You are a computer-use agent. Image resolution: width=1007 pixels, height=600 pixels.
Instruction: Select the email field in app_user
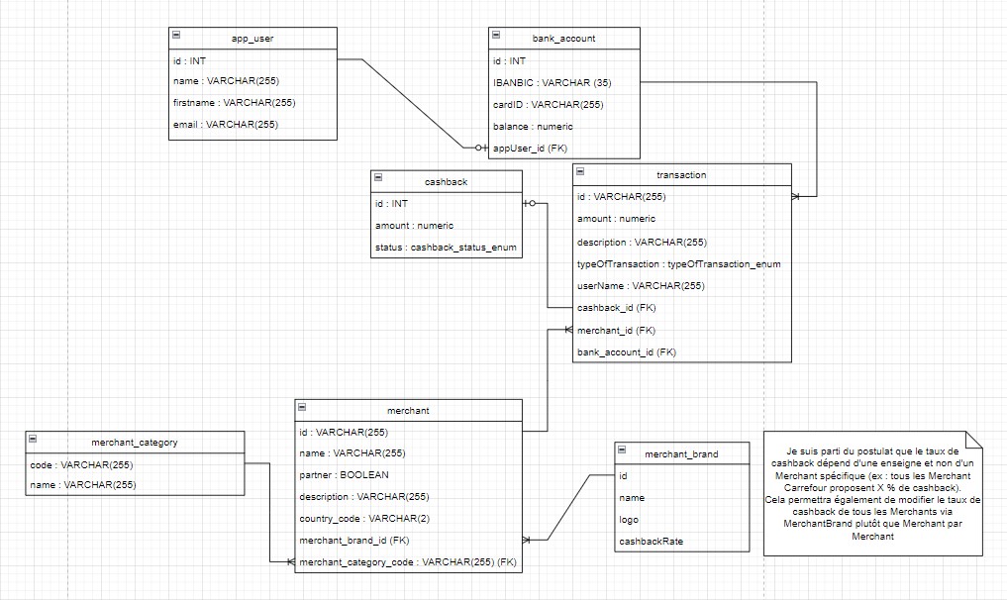[x=225, y=125]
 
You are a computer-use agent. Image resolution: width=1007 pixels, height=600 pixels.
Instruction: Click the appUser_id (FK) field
[x=531, y=148]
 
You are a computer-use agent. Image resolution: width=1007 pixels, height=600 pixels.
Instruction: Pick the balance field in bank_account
[x=533, y=127]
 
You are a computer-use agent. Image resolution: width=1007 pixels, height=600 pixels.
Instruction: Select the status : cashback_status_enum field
[x=445, y=248]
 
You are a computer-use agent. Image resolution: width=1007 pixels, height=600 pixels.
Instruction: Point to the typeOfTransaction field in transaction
[x=678, y=264]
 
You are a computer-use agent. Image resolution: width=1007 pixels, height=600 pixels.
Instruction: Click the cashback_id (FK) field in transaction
[x=616, y=308]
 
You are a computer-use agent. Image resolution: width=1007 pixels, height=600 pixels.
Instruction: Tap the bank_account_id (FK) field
[x=626, y=351]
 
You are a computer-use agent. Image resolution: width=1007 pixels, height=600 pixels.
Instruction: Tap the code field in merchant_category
[x=81, y=464]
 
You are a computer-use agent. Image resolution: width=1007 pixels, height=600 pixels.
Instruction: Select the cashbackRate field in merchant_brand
[x=651, y=542]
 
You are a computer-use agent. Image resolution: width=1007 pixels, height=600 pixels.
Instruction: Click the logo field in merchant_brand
[x=630, y=520]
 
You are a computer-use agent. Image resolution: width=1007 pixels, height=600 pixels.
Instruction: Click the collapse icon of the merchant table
[x=303, y=409]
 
